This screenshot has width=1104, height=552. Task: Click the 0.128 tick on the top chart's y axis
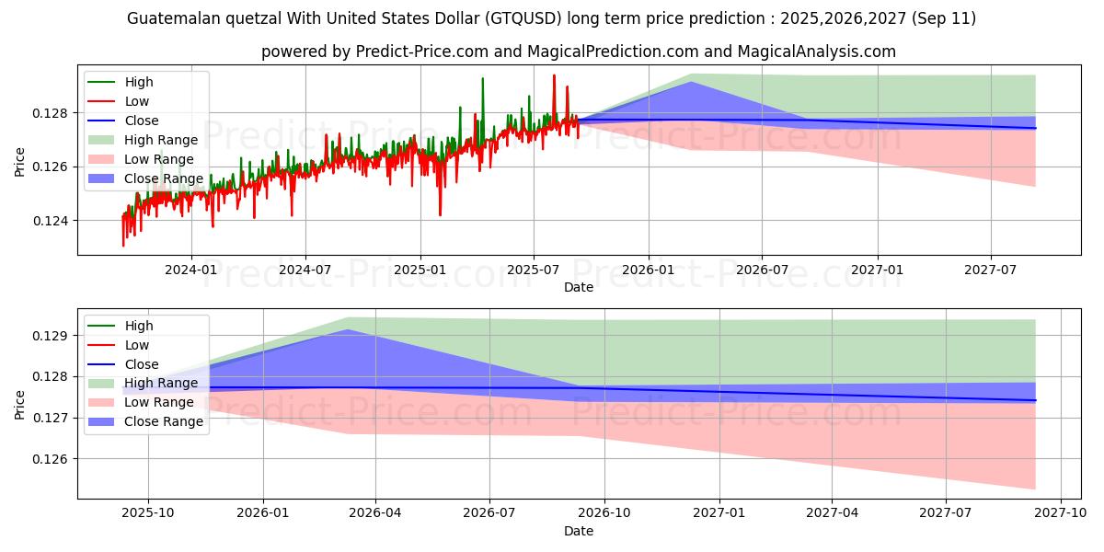click(x=52, y=113)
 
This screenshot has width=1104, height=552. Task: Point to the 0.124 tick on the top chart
click(x=52, y=221)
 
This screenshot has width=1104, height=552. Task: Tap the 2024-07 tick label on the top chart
click(x=305, y=269)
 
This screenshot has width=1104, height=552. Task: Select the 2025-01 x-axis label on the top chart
click(x=420, y=269)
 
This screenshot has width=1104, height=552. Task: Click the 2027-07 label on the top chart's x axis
click(x=991, y=269)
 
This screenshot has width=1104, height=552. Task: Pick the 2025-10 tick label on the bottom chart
click(x=148, y=512)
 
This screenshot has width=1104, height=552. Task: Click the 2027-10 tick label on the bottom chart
click(x=1061, y=512)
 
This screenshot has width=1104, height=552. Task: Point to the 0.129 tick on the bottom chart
click(x=52, y=336)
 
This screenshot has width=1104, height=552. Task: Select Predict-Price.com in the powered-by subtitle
click(x=420, y=52)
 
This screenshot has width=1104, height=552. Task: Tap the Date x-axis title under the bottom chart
click(x=579, y=531)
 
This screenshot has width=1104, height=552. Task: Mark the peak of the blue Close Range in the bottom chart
click(x=347, y=330)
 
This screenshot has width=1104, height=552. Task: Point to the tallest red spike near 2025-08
click(x=554, y=75)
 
